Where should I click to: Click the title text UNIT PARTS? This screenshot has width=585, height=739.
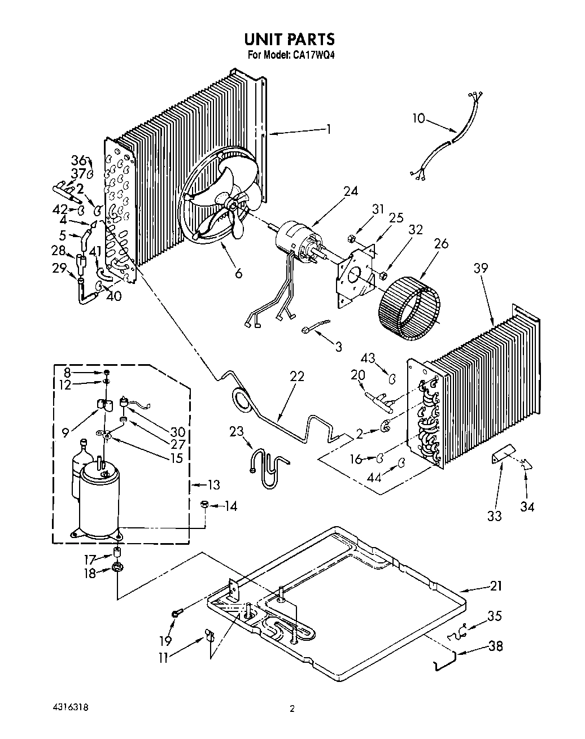(x=289, y=39)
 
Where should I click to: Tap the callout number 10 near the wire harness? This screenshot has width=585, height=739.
(x=418, y=118)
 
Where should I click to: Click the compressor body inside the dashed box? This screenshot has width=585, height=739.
(x=99, y=497)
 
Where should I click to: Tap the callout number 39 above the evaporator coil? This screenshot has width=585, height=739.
(x=481, y=269)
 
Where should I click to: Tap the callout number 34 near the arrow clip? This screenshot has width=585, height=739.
(x=527, y=506)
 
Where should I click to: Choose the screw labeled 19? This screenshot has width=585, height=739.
(x=174, y=613)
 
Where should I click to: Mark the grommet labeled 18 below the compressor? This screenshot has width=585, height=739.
(x=117, y=567)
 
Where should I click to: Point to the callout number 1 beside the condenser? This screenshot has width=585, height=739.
(x=328, y=129)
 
